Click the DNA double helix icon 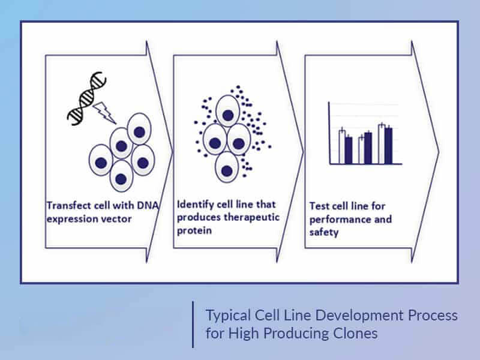[86, 98]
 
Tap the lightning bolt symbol [104, 113]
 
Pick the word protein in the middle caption [194, 231]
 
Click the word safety [324, 233]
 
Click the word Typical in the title [228, 316]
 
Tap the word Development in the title [354, 316]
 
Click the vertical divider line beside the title [193, 325]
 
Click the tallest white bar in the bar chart [382, 144]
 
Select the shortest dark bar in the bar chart [349, 151]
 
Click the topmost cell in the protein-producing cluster [228, 111]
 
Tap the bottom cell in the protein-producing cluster [227, 167]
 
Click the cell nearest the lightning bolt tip [122, 143]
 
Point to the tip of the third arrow [439, 151]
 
